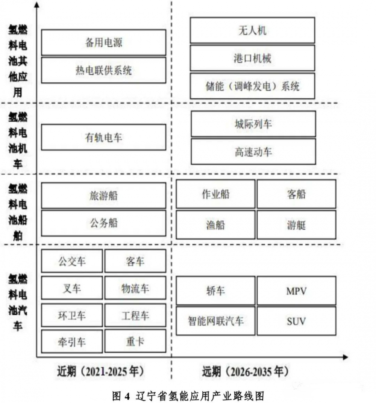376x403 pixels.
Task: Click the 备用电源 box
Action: [x=103, y=42]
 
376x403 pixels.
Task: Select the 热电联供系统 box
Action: [x=103, y=70]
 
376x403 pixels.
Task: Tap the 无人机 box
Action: [x=252, y=30]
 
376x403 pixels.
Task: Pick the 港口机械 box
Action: [x=252, y=58]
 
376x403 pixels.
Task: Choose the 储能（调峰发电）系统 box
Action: [x=252, y=86]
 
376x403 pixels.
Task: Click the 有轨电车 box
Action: [x=103, y=137]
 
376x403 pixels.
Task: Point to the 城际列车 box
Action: [x=253, y=124]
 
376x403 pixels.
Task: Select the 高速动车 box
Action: [x=253, y=152]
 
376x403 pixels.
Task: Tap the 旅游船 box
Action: [x=103, y=195]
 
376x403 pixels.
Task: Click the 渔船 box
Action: [x=215, y=225]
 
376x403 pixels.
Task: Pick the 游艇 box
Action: [x=296, y=225]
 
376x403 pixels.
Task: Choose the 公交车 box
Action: [x=72, y=261]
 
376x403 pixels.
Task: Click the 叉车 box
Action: [x=72, y=288]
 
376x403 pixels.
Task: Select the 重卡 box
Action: [x=135, y=341]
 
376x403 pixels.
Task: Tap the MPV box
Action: [x=296, y=291]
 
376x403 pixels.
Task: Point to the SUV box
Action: [x=296, y=321]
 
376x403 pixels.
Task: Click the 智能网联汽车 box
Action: [x=215, y=321]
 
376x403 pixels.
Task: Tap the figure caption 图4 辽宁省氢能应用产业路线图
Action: [x=188, y=395]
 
